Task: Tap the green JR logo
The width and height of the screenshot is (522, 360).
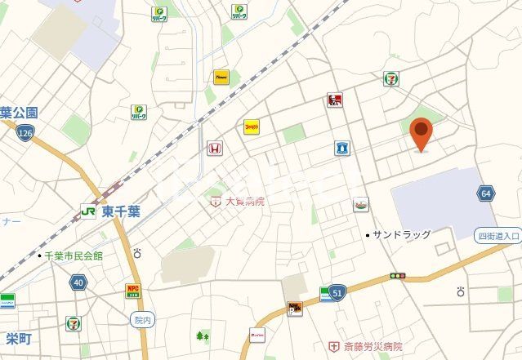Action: pos(87,211)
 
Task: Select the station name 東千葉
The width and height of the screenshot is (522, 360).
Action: pos(121,211)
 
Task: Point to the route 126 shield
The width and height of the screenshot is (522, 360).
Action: pos(27,133)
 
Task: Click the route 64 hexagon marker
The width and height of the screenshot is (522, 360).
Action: pos(486,193)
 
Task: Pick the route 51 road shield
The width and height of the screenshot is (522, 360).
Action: pos(337,291)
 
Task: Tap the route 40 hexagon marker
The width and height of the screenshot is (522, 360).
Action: pos(78,282)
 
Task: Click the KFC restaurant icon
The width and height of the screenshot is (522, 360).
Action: pos(334,100)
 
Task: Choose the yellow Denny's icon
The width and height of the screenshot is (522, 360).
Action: pos(252,127)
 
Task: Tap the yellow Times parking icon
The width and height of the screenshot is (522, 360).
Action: pos(221,78)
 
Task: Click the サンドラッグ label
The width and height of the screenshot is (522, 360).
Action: pos(401,235)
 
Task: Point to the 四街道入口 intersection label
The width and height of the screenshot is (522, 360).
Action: pos(498,236)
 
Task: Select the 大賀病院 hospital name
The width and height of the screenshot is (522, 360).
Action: pos(243,200)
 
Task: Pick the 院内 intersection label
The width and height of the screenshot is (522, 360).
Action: pos(141,319)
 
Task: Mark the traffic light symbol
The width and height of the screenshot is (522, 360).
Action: pos(398,276)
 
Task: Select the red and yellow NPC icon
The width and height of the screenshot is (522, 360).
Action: pos(132,289)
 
